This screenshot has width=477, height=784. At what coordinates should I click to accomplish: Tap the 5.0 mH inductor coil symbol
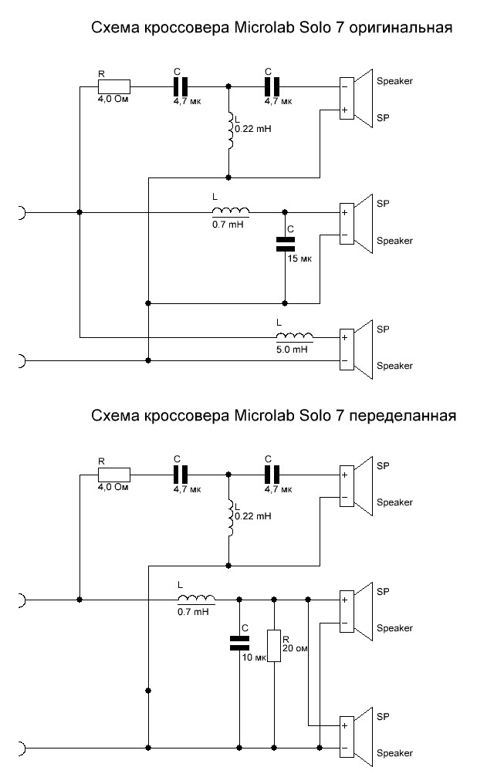click(295, 336)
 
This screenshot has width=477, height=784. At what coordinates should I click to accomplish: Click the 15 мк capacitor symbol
click(285, 245)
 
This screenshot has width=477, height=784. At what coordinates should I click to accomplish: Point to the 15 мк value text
click(296, 258)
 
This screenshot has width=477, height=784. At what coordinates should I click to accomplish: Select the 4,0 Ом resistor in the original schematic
click(113, 87)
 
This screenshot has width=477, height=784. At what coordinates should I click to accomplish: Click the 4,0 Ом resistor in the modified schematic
click(113, 473)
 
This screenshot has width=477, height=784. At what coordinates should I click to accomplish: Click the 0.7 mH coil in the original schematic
click(231, 212)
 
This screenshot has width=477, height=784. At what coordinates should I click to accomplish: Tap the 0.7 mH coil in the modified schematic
click(197, 598)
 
